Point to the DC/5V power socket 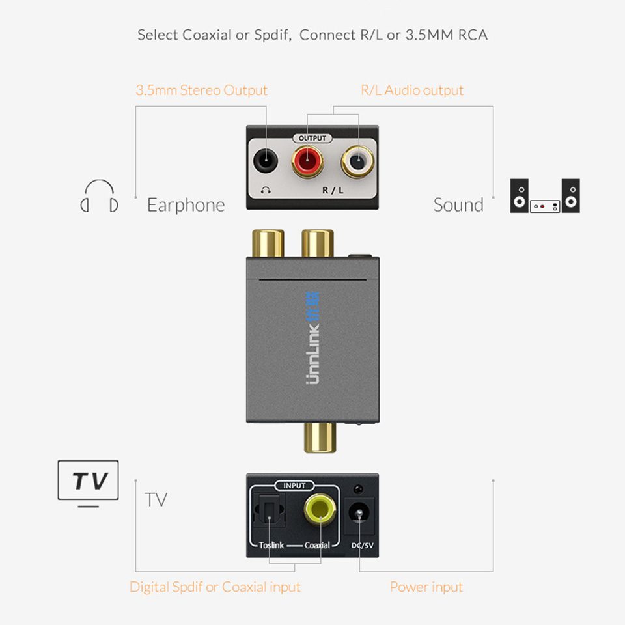point(358,514)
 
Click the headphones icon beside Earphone point(100,197)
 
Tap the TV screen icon point(89,482)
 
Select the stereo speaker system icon point(545,196)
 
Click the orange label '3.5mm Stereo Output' point(201,90)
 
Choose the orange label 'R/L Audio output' point(412,90)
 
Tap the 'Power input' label point(426,587)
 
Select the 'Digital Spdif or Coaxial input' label point(215,587)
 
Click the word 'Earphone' point(186,205)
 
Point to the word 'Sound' point(458,205)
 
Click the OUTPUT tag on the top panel point(312,138)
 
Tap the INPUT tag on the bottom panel point(294,486)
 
